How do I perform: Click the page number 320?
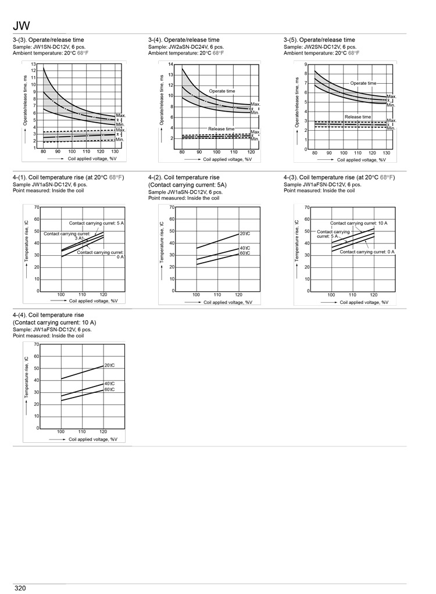(20, 588)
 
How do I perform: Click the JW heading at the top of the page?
(21, 26)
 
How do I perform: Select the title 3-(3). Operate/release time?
(48, 40)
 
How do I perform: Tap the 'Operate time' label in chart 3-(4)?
(222, 91)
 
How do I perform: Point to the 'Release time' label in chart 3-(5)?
(358, 117)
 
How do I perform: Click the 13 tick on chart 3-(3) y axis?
(33, 64)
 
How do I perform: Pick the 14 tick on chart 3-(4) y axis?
(170, 64)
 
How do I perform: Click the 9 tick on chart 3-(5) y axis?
(306, 65)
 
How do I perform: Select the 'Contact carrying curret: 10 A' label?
(359, 223)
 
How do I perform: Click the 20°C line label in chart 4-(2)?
(245, 234)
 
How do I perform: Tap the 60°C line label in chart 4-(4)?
(109, 389)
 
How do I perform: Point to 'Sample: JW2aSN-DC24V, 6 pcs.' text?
(186, 47)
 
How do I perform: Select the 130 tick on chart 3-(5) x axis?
(386, 153)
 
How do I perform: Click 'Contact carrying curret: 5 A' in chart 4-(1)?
(97, 223)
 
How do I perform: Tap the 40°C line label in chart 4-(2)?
(245, 248)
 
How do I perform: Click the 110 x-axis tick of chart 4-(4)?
(82, 431)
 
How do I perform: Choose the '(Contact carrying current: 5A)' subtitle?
(187, 185)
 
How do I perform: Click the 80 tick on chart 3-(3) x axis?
(43, 152)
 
